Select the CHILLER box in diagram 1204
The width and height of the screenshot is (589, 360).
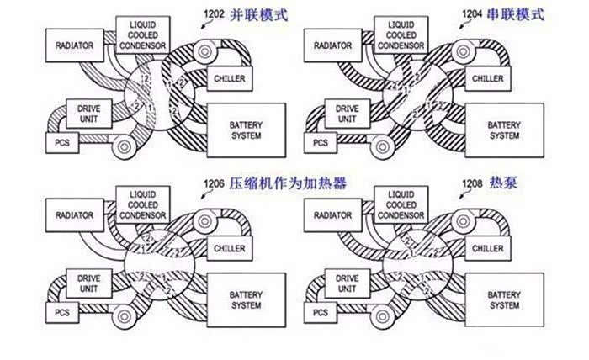[x=488, y=78]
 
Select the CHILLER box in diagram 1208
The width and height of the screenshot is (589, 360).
[x=488, y=249]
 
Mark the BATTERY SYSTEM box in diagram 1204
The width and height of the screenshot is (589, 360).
[x=504, y=130]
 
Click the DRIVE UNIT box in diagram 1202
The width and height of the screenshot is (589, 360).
[x=88, y=114]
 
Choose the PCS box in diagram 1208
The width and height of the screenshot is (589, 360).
[x=320, y=313]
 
